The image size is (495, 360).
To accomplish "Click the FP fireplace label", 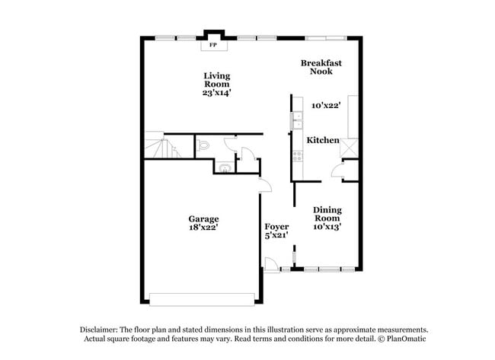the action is coord(213,45).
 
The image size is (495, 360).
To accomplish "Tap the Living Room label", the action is coord(217,80).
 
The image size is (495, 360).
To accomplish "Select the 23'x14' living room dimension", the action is coord(217,93).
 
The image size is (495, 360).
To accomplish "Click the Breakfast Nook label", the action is coord(321,67).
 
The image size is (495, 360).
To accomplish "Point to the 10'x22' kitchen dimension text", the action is coord(326,105).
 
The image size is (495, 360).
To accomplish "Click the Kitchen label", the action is coord(323,140).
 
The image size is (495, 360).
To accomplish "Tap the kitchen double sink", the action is coord(297,120).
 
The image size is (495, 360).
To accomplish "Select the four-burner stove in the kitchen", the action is coord(297,156).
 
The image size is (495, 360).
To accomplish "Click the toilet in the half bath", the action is coord(203,145).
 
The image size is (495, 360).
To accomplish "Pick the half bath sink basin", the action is coord(225,167).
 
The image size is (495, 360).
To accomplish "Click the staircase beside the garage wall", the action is coord(161,145).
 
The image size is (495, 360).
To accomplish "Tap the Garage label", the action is coord(203,218).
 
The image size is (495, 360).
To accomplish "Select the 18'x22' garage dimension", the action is coord(203,227).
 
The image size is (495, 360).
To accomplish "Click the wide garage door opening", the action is coord(202,299).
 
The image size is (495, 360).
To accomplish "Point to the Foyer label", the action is coord(276,227).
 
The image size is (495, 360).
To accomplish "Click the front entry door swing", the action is coord(271,265).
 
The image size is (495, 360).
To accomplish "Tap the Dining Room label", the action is coord(327,214).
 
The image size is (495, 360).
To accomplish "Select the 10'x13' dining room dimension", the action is coord(327,227).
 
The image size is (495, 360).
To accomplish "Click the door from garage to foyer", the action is coord(265,185).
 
